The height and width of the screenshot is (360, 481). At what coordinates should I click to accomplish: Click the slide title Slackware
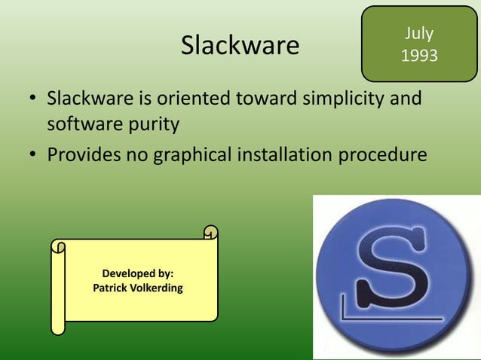pos(240,46)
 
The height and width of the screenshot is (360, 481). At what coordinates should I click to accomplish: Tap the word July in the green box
pos(418,34)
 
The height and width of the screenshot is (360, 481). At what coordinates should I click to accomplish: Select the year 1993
pos(418,56)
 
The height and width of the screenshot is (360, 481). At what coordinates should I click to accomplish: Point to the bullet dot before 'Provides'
pos(32,157)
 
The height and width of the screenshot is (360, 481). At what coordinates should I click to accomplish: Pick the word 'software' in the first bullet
pos(79,124)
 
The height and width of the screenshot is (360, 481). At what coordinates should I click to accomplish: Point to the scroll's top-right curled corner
pos(210,233)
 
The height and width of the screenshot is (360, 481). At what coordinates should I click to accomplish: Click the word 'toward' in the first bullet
pos(265,99)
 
